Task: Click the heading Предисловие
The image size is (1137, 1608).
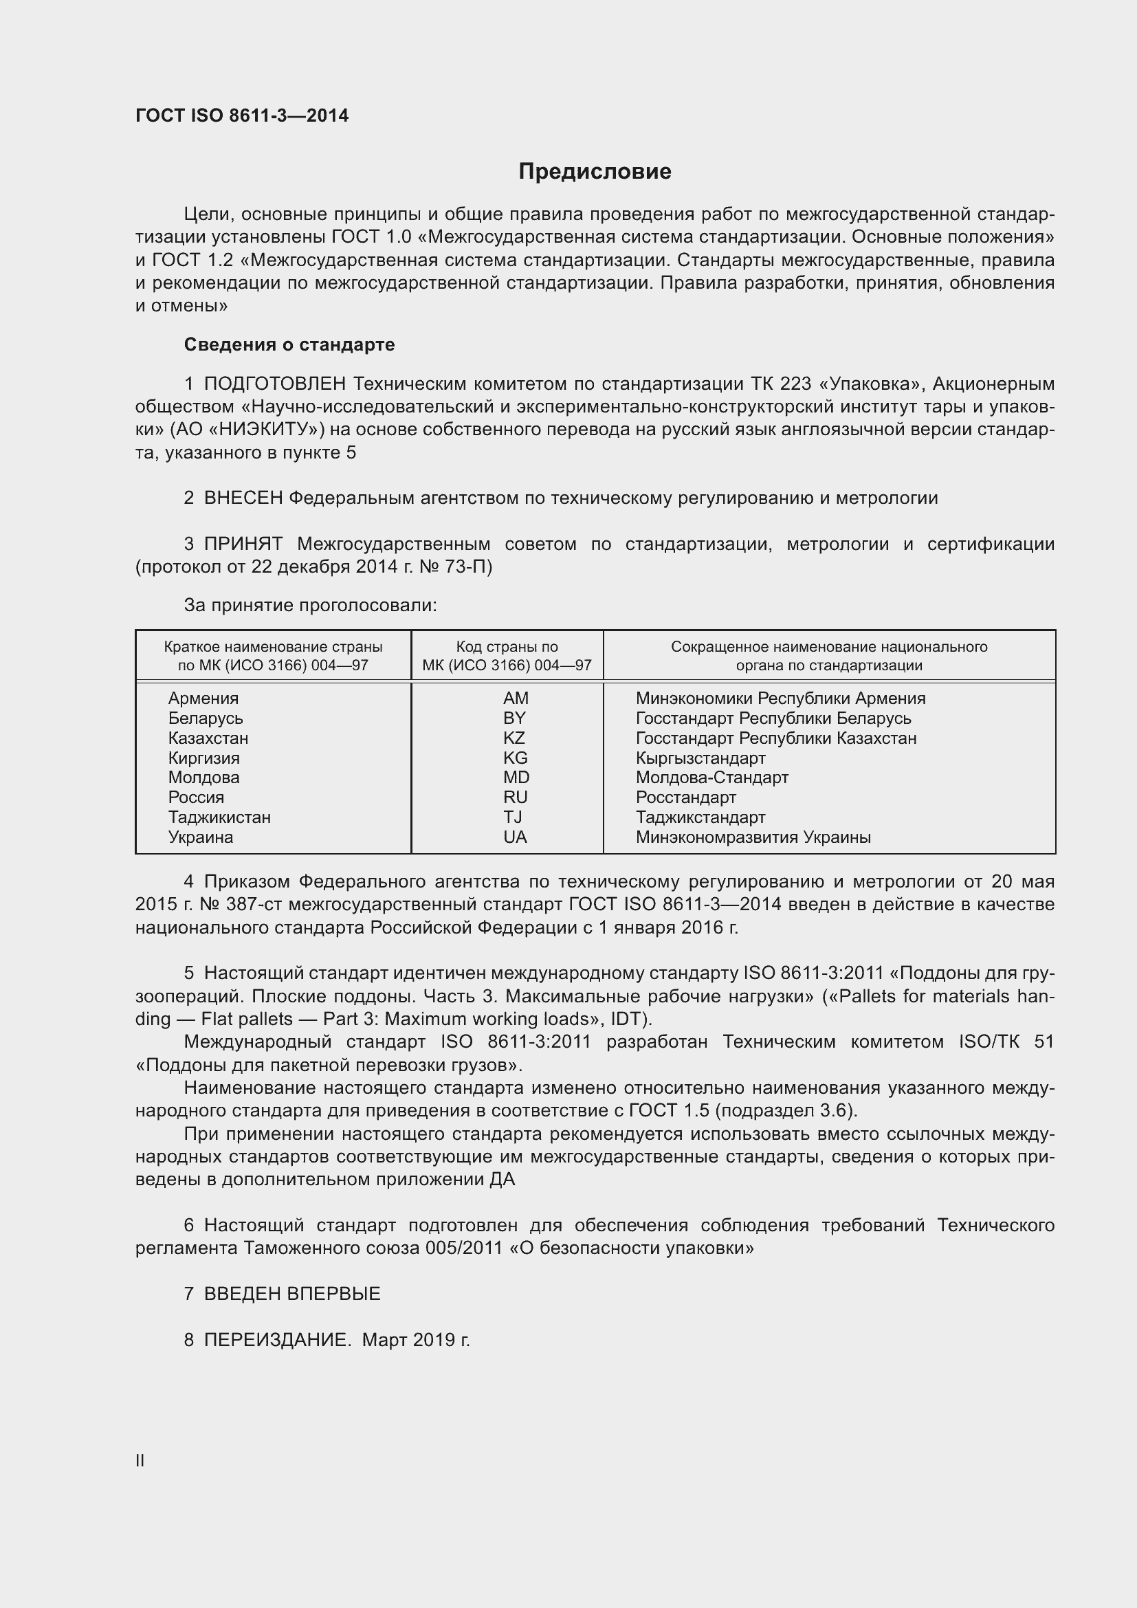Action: [595, 172]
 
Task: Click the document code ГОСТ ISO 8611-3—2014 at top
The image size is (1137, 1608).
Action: [241, 116]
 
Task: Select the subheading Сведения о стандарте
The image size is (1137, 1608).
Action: [289, 344]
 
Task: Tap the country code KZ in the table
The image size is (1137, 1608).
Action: [514, 738]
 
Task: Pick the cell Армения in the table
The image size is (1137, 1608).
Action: [203, 698]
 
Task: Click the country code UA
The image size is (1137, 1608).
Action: [515, 837]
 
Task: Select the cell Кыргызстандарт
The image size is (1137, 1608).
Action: [700, 758]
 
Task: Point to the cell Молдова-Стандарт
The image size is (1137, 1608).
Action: [711, 778]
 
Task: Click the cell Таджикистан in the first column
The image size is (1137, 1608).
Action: [219, 817]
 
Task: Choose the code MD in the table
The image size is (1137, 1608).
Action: [516, 778]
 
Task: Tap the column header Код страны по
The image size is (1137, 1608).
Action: [507, 647]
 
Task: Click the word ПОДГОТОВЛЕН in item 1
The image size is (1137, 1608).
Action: [275, 384]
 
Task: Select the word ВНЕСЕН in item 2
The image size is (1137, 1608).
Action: [243, 498]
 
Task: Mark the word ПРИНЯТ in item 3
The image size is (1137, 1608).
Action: [243, 544]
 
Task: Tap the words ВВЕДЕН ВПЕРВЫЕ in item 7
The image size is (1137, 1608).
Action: [292, 1294]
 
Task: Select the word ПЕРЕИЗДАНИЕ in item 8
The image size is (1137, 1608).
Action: [276, 1340]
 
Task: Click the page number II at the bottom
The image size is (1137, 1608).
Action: [140, 1461]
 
